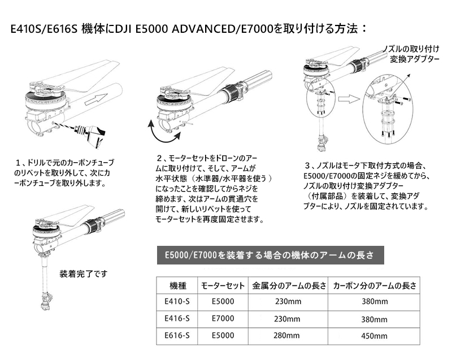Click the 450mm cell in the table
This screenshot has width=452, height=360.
(374, 336)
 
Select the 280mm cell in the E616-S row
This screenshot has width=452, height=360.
(286, 336)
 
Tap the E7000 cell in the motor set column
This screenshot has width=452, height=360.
(223, 319)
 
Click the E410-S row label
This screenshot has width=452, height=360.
(177, 301)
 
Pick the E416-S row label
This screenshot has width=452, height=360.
(177, 319)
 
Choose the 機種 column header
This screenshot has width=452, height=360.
(178, 285)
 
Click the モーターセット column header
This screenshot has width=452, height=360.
(223, 285)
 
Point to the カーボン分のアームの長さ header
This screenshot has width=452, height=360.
(375, 285)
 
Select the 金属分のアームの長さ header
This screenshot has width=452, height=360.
(289, 285)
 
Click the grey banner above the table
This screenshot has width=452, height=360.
(271, 255)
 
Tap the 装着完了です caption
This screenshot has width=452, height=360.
(83, 274)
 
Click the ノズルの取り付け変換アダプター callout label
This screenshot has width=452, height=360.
(413, 54)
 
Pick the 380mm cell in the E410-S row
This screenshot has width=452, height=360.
(375, 301)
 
